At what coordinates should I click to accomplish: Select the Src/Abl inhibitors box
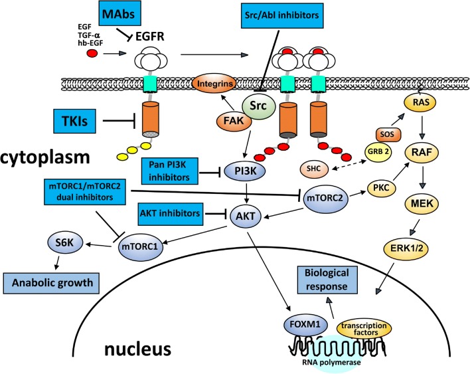282,15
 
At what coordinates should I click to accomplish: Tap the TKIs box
74,121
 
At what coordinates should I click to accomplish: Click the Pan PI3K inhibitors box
170,171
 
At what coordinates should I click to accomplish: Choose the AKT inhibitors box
170,213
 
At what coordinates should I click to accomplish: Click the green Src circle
258,105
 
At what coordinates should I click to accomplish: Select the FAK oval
234,120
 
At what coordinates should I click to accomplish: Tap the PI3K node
245,171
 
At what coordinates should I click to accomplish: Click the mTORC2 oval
326,198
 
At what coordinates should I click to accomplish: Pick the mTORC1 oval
141,247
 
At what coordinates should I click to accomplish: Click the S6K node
65,242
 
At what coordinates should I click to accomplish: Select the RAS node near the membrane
420,102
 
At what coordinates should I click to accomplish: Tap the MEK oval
422,204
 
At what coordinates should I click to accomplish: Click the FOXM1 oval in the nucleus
305,324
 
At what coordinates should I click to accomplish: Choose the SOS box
388,134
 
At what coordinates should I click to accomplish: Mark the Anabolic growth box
51,283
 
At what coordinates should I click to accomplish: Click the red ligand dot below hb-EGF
92,54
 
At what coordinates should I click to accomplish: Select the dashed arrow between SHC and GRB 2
349,165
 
